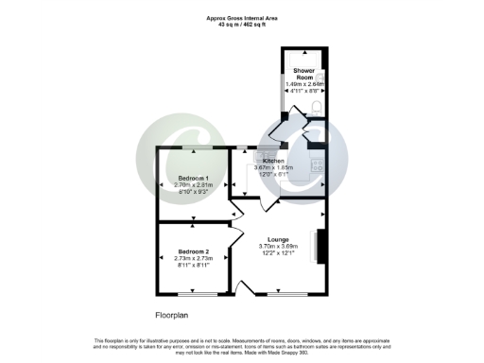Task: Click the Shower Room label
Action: (303, 72)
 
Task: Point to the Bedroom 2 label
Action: (193, 251)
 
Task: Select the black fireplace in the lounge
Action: (321, 248)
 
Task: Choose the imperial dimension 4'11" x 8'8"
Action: (304, 92)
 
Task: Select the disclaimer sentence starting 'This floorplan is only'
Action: (242, 342)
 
